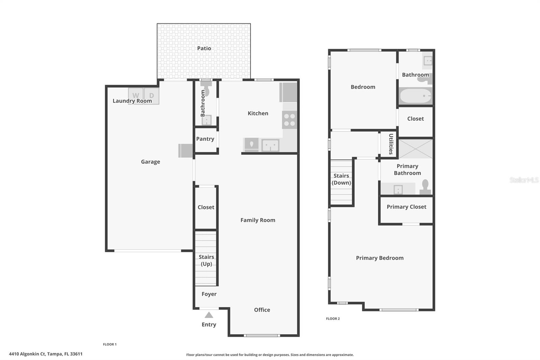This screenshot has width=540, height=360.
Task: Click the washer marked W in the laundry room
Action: point(136,96)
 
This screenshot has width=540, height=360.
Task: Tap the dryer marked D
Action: point(152,96)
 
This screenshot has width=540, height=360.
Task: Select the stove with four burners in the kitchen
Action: point(290,120)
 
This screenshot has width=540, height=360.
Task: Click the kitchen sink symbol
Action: point(270,145)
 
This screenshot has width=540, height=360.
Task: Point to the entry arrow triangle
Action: point(209,315)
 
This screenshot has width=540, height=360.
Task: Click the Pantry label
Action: point(205,139)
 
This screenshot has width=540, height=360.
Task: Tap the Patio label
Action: point(204,48)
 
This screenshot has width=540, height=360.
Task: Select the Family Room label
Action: point(258,220)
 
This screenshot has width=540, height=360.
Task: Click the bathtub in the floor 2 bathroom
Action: point(415,96)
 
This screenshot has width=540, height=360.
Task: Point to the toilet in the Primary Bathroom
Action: point(425,187)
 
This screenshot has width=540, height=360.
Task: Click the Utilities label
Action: point(391,144)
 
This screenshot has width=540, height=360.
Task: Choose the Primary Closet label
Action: point(406,207)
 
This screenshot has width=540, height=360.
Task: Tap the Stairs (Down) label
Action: point(341,179)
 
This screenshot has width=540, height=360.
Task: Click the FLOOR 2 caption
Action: point(333,318)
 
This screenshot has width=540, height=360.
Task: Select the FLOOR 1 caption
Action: point(110,344)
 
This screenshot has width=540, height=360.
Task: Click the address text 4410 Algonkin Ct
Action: point(27,354)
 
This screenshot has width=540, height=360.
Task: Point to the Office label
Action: point(262,310)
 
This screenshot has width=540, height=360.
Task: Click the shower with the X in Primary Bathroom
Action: point(415,149)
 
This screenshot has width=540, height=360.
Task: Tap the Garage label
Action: point(151,162)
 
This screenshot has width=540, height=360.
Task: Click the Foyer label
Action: point(209,294)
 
